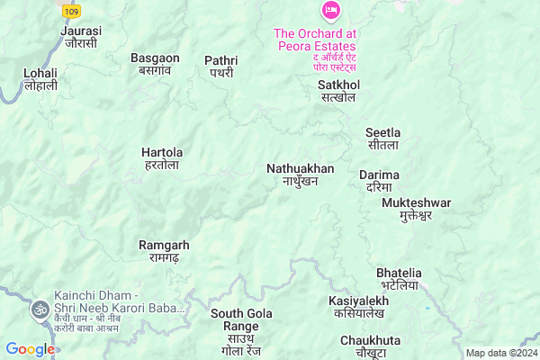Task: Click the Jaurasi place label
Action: click(x=81, y=36)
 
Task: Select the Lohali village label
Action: click(x=40, y=78)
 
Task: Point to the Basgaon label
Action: click(x=156, y=64)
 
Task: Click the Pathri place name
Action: click(x=220, y=66)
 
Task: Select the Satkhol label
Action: click(x=337, y=90)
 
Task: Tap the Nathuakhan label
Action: click(x=300, y=175)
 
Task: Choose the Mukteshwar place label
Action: click(x=416, y=209)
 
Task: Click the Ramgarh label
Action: click(x=163, y=251)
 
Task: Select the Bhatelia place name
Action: click(x=399, y=278)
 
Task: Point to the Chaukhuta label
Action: click(x=370, y=346)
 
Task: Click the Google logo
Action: click(x=30, y=349)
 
